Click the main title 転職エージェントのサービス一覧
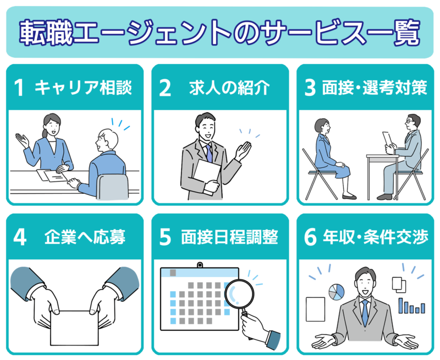tap(219, 32)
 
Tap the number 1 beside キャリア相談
tap(19, 88)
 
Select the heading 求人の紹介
tap(229, 88)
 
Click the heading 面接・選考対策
tap(375, 88)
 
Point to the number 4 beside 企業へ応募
tap(20, 237)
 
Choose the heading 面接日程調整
tap(229, 237)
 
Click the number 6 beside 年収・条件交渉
tap(310, 237)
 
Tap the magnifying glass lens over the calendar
tap(239, 294)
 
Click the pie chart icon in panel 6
tap(337, 292)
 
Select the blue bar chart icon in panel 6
tap(412, 306)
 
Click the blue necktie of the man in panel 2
tap(209, 154)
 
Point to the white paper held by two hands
tap(74, 328)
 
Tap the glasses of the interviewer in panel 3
tap(409, 122)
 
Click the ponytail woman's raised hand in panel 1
tap(22, 140)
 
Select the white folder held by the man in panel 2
tap(207, 177)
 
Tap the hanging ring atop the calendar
tap(200, 265)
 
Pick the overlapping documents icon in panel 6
tap(399, 285)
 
